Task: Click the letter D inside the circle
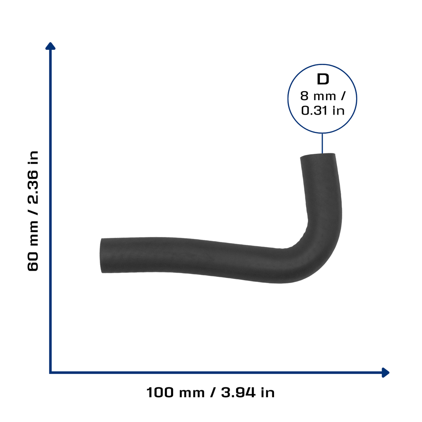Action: coord(323,79)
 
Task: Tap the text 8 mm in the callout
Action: coord(318,96)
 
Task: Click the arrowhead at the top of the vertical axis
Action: coord(50,46)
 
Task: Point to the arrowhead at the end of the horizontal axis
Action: coord(385,373)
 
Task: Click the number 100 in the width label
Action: coord(160,392)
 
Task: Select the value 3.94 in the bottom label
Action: coord(238,392)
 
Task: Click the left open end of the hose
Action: coord(101,256)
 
